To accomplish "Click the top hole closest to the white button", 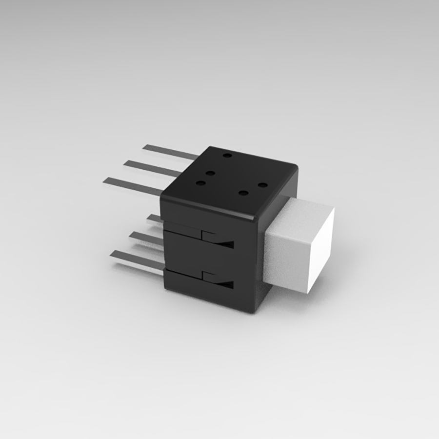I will [262, 185].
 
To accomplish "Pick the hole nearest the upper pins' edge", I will [227, 156].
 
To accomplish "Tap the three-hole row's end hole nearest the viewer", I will [200, 183].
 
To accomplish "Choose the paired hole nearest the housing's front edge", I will [242, 193].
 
